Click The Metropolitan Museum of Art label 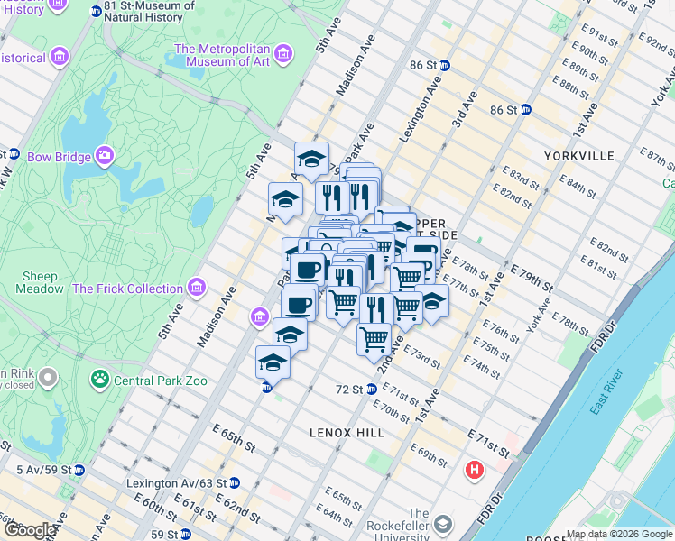coord(222,56)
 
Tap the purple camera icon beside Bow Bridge coord(105,157)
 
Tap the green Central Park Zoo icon coord(99,381)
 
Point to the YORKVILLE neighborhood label coord(578,156)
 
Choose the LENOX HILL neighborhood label coord(347,433)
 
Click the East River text coord(607,391)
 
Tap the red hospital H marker coord(474,470)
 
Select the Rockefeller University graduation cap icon coord(443,524)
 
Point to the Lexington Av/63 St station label coord(176,483)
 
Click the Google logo coord(29,529)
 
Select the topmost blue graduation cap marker coord(311,159)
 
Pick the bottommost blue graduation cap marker coord(273,362)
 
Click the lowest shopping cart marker coord(374,340)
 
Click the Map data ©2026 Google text coord(619,534)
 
